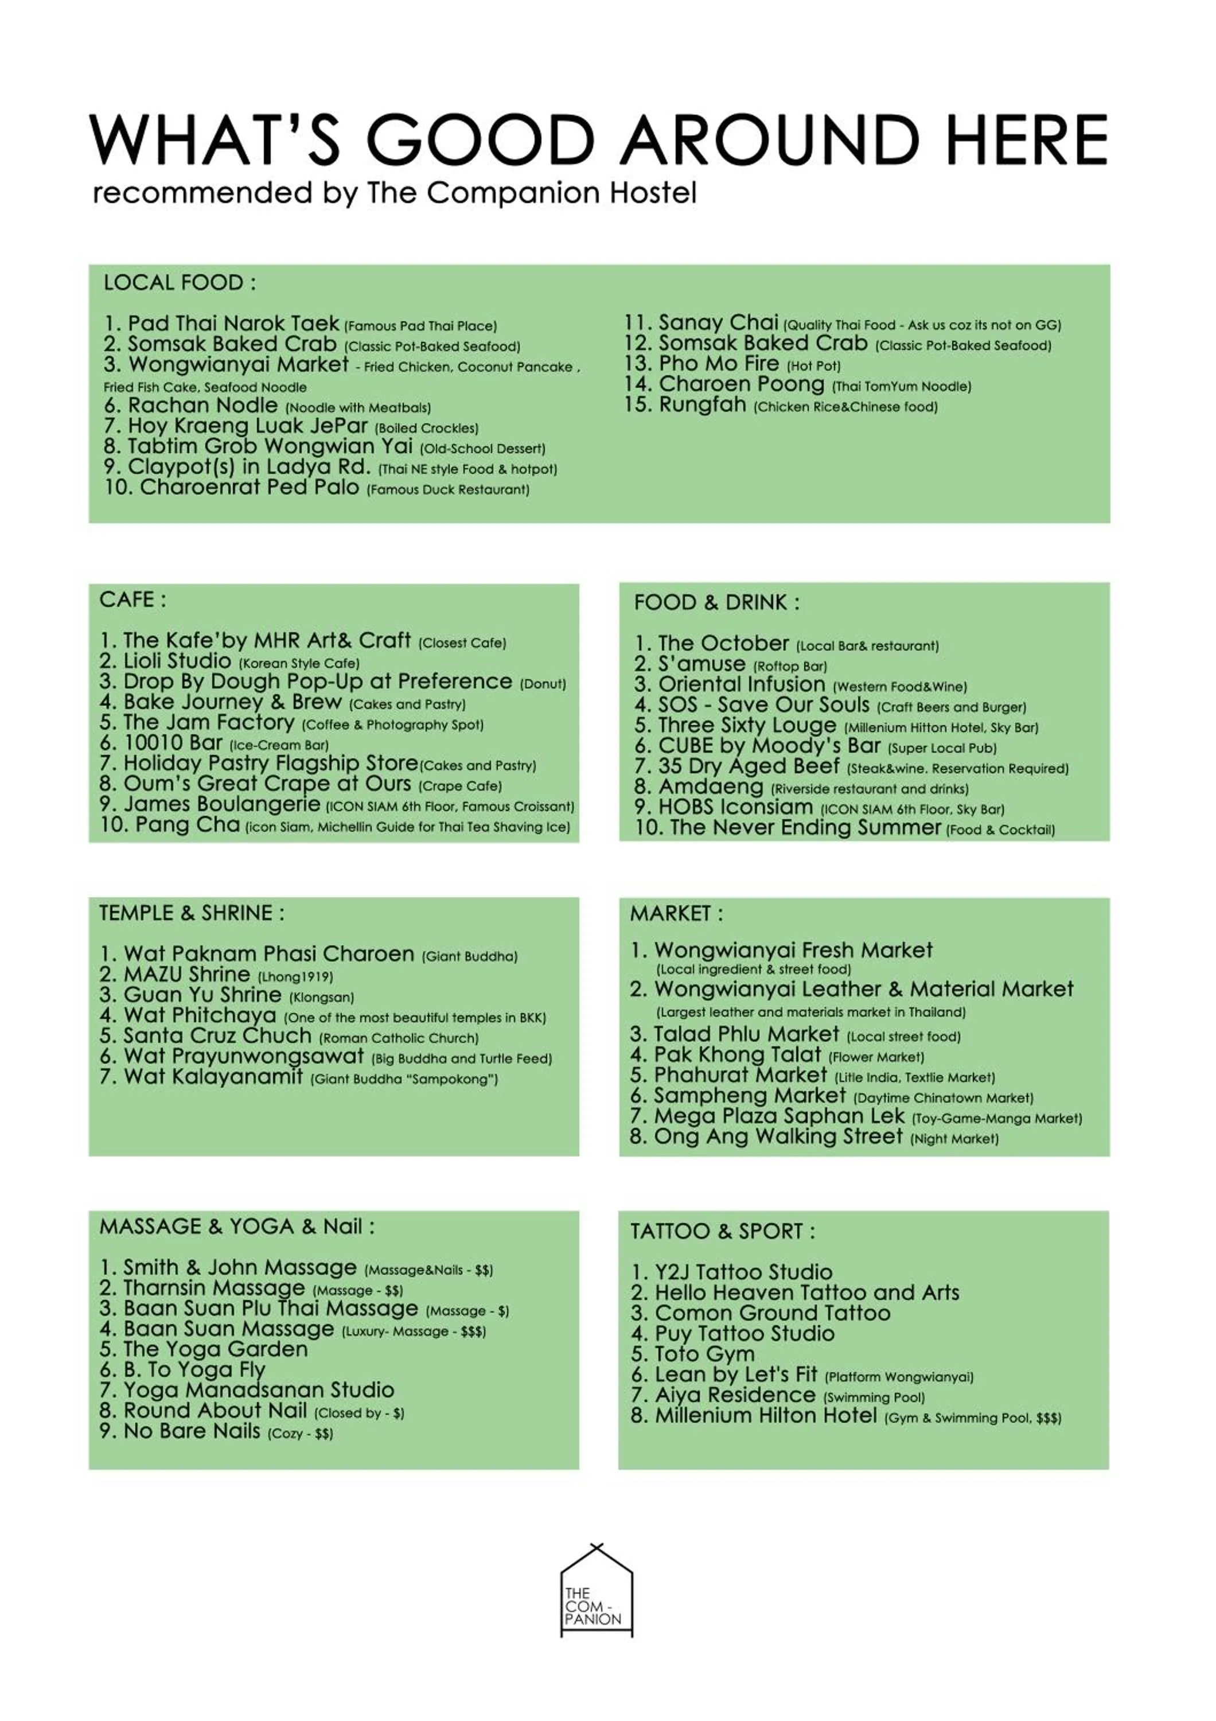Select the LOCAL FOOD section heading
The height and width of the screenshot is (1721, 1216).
(x=180, y=283)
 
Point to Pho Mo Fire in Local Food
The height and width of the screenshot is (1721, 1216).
(x=719, y=364)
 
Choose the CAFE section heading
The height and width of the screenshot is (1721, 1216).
(x=132, y=599)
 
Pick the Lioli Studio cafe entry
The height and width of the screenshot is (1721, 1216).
(x=177, y=661)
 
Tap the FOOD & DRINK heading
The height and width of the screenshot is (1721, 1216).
(x=716, y=603)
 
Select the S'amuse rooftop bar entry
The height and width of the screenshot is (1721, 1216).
(x=701, y=664)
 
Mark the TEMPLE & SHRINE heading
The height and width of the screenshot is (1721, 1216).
(x=192, y=913)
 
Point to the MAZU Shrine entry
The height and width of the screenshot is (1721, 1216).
(x=186, y=975)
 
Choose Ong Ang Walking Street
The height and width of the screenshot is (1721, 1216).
(x=778, y=1136)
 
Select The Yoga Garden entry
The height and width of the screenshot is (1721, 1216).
(x=215, y=1349)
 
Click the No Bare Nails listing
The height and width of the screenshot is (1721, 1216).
(x=191, y=1431)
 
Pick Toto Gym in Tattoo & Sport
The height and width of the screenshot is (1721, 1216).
(x=704, y=1354)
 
